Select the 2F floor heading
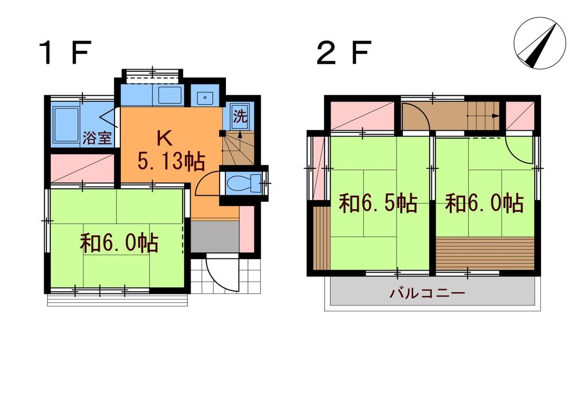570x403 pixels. pos(344,53)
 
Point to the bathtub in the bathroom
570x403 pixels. pos(66,126)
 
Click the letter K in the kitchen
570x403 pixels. pos(164,139)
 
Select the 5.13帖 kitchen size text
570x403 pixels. pos(170,162)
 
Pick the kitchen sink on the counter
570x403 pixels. pos(168,96)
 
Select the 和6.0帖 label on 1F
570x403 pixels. pos(119,243)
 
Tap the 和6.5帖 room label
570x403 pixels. pos(378,203)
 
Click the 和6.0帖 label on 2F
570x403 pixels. pos(484,203)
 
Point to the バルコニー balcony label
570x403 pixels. pos(427,293)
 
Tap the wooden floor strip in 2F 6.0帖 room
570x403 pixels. pos(486,254)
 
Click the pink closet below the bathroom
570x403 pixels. pos(82,169)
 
